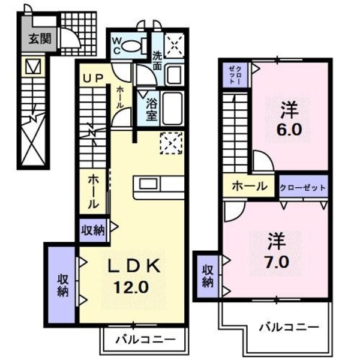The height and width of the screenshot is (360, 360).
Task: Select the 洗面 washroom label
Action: [x=157, y=61]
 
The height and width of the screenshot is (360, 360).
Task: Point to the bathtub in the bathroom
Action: [x=173, y=108]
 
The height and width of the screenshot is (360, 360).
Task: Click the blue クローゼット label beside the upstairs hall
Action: [x=303, y=187]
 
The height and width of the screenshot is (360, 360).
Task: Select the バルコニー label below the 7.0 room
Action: [x=289, y=328]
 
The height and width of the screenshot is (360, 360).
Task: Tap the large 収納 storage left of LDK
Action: [x=62, y=285]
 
